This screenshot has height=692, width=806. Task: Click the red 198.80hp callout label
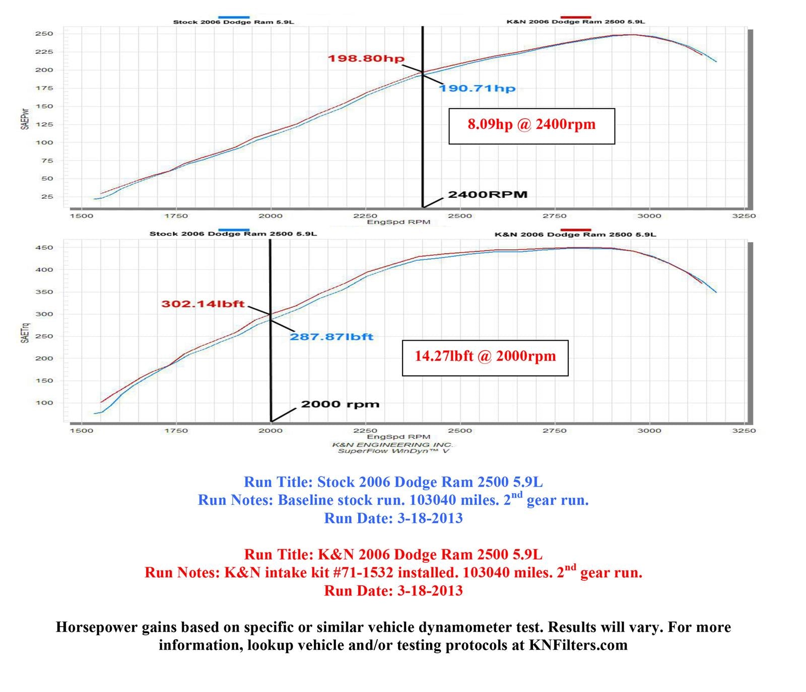(x=366, y=58)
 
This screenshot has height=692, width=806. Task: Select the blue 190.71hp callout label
(x=477, y=89)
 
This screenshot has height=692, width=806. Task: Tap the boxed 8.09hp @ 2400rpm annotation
(x=531, y=124)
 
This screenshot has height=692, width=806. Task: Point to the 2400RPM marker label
(x=488, y=195)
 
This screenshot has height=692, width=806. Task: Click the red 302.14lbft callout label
(x=203, y=304)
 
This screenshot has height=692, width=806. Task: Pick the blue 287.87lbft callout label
(x=331, y=337)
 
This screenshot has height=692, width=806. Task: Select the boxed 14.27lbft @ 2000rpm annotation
(x=485, y=356)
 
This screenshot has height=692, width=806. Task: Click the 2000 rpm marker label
(x=340, y=404)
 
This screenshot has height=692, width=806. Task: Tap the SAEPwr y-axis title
(x=25, y=118)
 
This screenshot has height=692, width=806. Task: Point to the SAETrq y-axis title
(x=25, y=332)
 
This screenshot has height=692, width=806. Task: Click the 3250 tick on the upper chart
(x=744, y=216)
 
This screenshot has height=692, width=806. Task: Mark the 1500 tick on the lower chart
(x=81, y=430)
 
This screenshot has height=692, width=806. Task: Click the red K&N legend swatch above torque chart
(x=575, y=229)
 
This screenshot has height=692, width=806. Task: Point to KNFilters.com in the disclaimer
(x=578, y=645)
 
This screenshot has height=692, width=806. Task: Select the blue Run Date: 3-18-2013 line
(x=393, y=518)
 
